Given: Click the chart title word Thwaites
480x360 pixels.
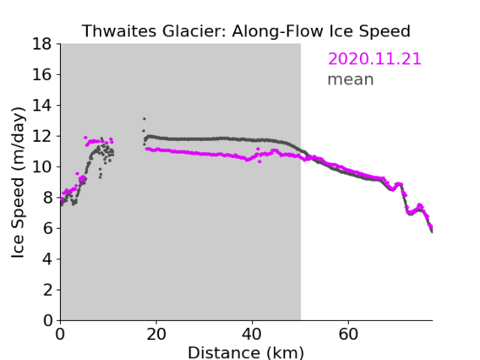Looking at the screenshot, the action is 120,31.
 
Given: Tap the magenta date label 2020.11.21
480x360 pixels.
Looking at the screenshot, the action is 374,58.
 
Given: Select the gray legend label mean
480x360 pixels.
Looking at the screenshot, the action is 351,79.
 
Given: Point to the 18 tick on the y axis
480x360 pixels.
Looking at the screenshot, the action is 42,44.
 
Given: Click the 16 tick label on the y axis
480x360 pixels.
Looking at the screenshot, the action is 42,74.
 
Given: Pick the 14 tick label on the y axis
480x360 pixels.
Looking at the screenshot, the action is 42,106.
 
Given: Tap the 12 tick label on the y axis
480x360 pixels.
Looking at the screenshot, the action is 42,136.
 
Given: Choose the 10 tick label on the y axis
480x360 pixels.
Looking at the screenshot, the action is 42,166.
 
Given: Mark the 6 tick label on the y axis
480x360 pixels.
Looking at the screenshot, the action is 47,228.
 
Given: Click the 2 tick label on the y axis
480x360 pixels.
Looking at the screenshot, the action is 47,290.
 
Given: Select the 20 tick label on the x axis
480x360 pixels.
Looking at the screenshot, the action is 156,334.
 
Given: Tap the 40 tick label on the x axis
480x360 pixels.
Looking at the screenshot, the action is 252,334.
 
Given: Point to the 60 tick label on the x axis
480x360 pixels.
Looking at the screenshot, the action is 348,334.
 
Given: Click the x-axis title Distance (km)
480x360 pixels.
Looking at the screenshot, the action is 246,353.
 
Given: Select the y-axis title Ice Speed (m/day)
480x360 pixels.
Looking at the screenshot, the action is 18,183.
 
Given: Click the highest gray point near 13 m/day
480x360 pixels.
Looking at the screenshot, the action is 145,119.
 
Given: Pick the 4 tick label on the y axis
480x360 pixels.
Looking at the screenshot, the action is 47,259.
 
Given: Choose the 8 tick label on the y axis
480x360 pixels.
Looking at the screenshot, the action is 47,198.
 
